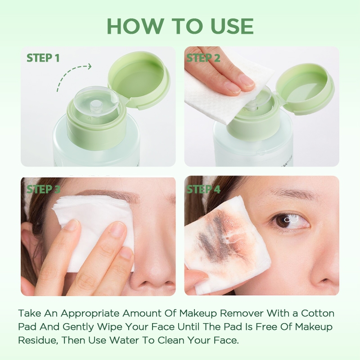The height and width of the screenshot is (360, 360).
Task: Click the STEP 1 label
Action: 43,58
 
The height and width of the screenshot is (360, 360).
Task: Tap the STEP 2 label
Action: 203,58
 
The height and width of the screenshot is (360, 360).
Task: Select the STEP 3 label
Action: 43,189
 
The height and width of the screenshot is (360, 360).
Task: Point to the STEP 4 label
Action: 203,189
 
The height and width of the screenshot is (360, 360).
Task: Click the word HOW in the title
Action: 136,26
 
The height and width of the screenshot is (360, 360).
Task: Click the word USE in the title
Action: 232,26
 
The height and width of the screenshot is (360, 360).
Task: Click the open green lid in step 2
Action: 305,87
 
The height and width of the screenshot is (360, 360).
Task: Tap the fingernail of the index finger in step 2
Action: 246,81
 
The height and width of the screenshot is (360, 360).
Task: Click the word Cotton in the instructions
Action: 318,313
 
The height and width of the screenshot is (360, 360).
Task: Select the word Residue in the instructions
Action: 38,340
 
